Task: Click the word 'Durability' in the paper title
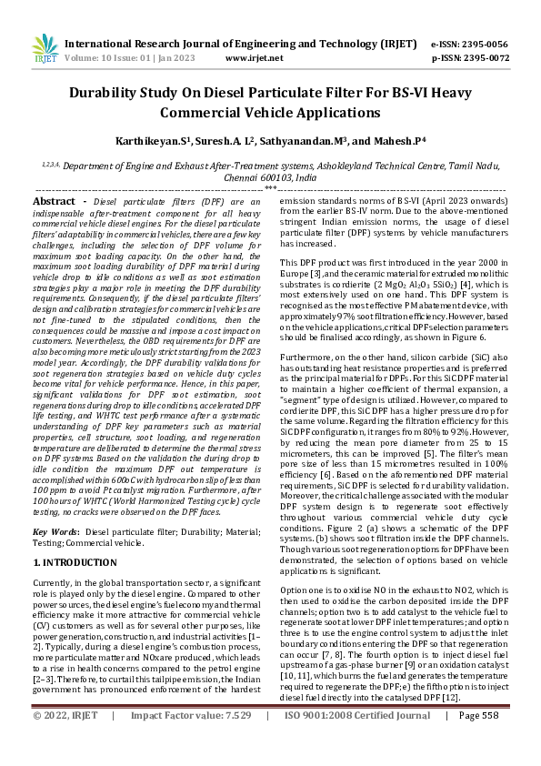(111, 93)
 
